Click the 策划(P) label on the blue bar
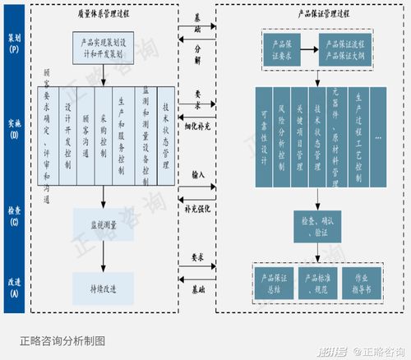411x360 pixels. click(x=14, y=42)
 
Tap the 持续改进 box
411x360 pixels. click(x=103, y=288)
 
